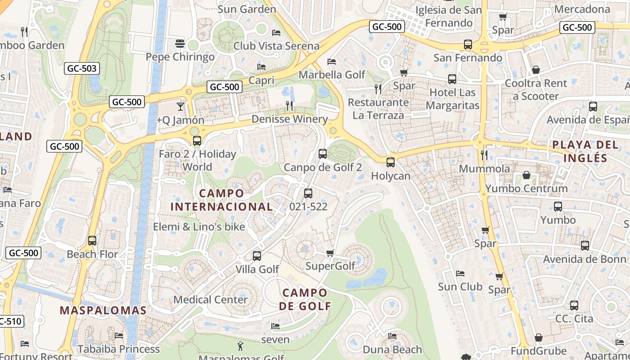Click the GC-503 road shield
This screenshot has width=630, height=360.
click(x=82, y=68)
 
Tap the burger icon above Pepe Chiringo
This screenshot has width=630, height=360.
click(x=180, y=44)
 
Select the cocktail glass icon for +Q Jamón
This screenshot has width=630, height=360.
click(x=180, y=107)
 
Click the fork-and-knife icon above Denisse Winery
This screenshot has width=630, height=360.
click(x=290, y=106)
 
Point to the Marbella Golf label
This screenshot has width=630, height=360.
click(x=332, y=74)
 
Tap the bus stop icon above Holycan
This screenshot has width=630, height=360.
click(x=391, y=162)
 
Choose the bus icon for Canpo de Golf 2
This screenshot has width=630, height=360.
click(x=323, y=154)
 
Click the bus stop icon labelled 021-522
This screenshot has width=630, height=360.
click(x=308, y=193)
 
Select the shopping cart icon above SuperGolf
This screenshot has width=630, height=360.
click(x=330, y=253)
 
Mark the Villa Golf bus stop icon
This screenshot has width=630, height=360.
click(x=257, y=256)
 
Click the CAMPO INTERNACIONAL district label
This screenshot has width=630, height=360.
click(x=221, y=200)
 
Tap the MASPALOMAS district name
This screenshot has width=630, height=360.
click(x=103, y=310)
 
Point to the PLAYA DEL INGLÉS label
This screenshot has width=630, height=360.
click(x=585, y=152)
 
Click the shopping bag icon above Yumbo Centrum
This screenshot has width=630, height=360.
click(x=526, y=175)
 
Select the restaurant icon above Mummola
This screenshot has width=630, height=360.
click(x=484, y=155)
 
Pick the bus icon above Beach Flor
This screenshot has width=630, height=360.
click(x=92, y=241)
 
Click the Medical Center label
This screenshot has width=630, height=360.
click(x=210, y=300)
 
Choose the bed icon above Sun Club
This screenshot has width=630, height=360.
click(x=460, y=273)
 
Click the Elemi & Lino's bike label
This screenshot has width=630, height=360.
click(x=199, y=227)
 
